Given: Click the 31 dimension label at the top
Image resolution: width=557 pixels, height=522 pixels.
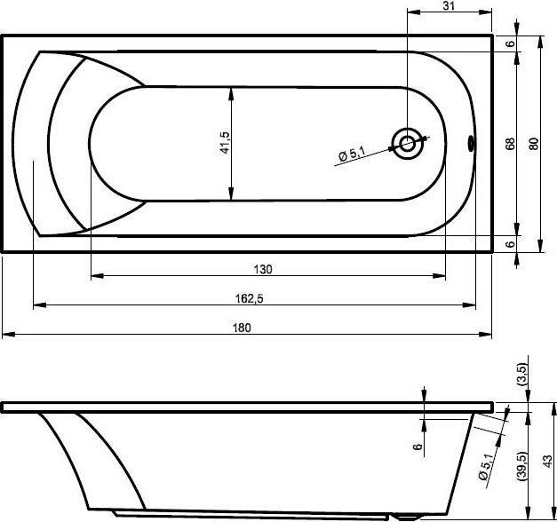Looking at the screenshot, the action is [449, 6].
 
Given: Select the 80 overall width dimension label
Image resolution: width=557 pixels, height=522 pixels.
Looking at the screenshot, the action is [534, 144].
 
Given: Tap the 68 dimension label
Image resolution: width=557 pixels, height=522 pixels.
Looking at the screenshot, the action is [510, 144].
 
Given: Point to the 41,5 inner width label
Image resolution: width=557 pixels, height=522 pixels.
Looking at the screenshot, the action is [225, 142].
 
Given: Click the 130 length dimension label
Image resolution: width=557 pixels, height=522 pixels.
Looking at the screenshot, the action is [263, 270].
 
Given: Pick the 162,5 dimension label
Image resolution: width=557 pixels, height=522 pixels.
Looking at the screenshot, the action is [250, 298].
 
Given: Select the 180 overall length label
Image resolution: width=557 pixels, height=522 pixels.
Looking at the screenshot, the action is [242, 328].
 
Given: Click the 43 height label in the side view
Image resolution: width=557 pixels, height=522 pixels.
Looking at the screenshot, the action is [548, 461].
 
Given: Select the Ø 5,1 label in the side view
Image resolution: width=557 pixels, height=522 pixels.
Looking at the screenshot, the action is [486, 467].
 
